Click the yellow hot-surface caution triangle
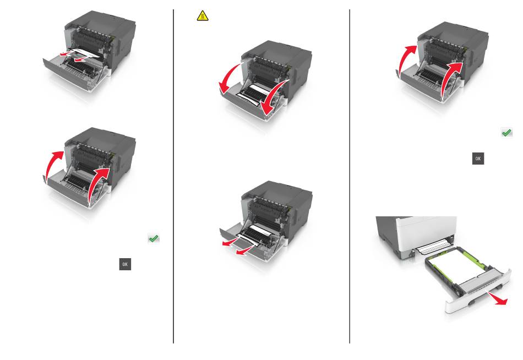pos(203,16)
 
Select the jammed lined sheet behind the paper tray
pos(433,247)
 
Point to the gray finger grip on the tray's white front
pos(472,303)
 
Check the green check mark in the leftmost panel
pos(154,238)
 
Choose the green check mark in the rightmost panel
pos(506,133)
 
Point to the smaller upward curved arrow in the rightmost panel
pos(406,58)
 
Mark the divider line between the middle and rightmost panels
pos(350,176)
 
